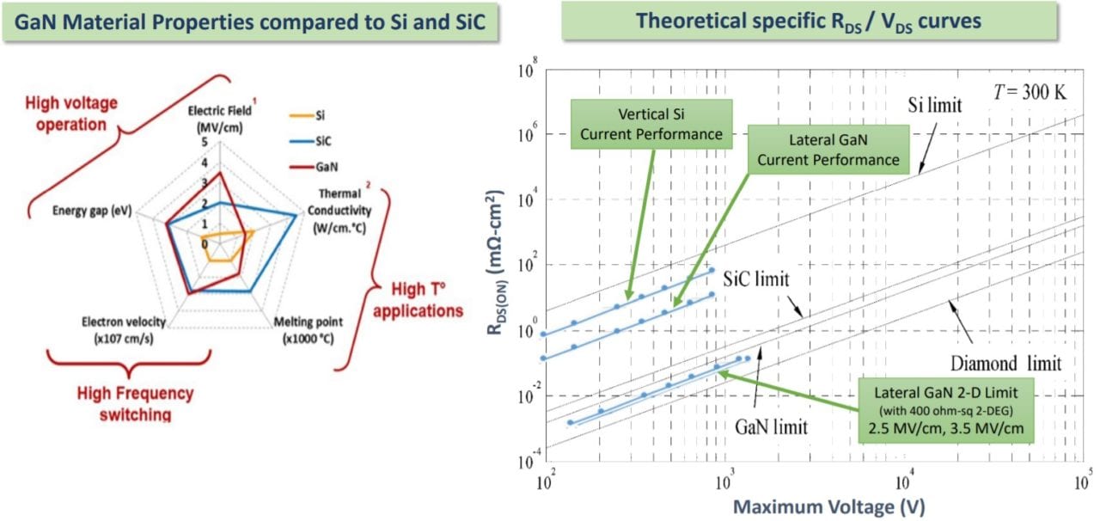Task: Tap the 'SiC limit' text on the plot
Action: (x=755, y=280)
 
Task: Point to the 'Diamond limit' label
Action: (x=1005, y=362)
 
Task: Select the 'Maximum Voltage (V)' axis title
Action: (x=816, y=507)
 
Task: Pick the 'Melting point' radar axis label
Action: (x=308, y=329)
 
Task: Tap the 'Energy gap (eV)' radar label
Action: (x=92, y=210)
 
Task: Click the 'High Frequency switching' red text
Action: (x=135, y=404)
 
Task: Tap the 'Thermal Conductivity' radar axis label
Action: (x=340, y=211)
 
